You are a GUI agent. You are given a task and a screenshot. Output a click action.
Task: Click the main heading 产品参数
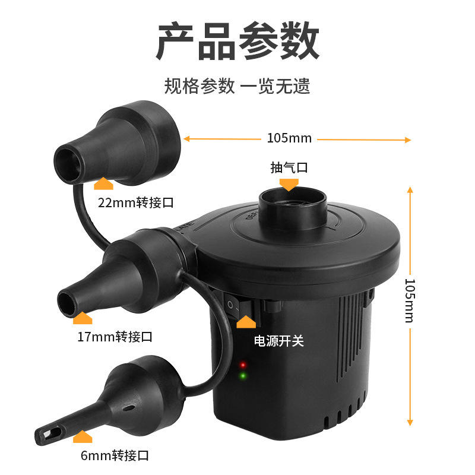pyautogui.click(x=237, y=40)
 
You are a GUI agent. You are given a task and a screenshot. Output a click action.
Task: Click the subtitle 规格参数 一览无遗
pyautogui.click(x=237, y=85)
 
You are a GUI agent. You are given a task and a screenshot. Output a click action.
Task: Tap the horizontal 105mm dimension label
pyautogui.click(x=289, y=138)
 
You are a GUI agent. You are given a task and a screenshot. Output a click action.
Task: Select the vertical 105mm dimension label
pyautogui.click(x=410, y=300)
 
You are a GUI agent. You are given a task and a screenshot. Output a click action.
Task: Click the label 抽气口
pyautogui.click(x=289, y=167)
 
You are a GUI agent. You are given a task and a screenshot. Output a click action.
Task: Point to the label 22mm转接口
pyautogui.click(x=136, y=202)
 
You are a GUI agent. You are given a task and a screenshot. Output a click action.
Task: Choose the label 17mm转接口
pyautogui.click(x=115, y=337)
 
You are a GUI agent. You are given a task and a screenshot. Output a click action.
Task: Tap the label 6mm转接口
pyautogui.click(x=115, y=455)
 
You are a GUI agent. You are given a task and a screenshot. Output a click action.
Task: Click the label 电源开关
pyautogui.click(x=278, y=341)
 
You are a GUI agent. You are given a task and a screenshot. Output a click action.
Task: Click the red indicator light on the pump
pyautogui.click(x=243, y=365)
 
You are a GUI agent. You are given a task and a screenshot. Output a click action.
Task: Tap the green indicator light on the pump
pyautogui.click(x=243, y=376)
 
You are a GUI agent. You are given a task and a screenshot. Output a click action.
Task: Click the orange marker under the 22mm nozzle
pyautogui.click(x=103, y=183)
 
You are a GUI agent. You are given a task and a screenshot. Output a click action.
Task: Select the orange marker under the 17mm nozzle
pyautogui.click(x=83, y=318)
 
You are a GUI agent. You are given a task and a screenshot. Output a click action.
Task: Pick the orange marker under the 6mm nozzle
pyautogui.click(x=83, y=436)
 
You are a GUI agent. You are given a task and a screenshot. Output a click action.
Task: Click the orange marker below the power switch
pyautogui.click(x=246, y=322)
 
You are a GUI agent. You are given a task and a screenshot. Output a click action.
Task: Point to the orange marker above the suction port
pyautogui.click(x=289, y=185)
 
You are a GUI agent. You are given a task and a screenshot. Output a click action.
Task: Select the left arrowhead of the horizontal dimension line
pyautogui.click(x=186, y=139)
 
